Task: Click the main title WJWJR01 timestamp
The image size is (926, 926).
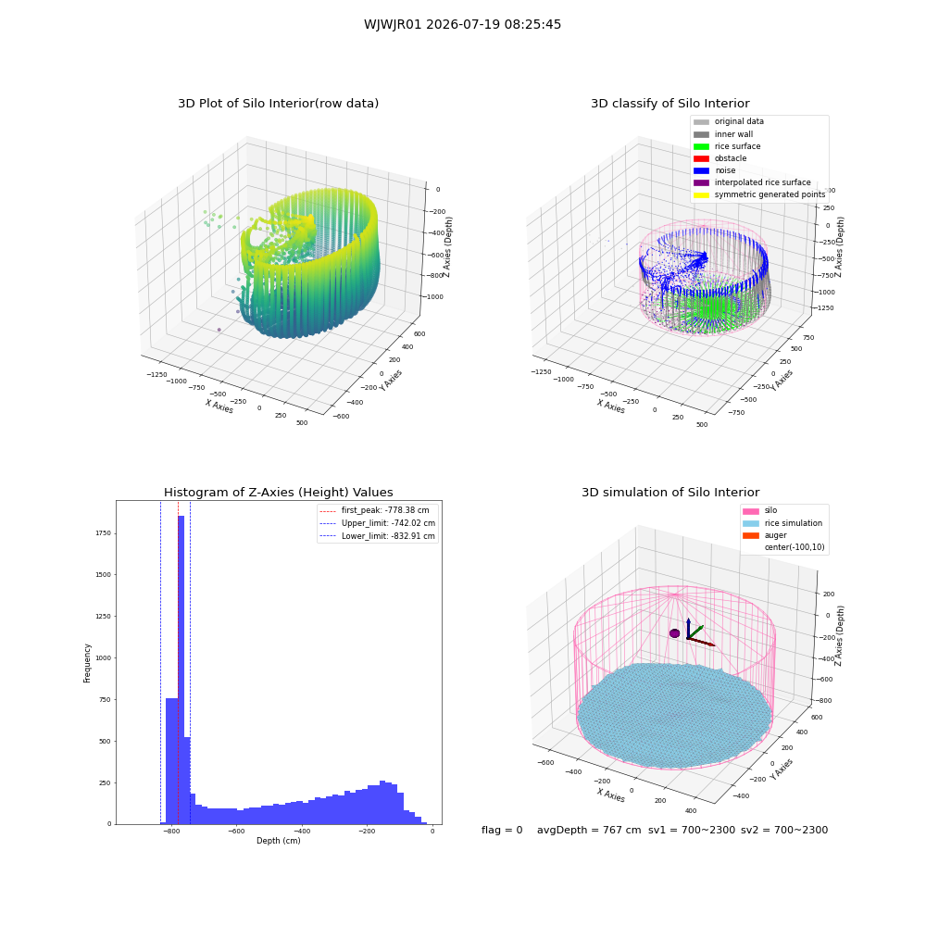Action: (462, 24)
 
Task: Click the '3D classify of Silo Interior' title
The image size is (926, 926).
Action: (670, 104)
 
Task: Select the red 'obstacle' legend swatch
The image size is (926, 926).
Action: (701, 158)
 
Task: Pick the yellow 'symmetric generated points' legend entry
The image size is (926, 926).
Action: (759, 194)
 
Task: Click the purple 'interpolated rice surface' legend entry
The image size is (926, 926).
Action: (752, 182)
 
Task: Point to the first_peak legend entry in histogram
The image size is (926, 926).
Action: (374, 510)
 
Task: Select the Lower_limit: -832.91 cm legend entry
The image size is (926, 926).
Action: (378, 536)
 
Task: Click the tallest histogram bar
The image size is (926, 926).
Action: (181, 669)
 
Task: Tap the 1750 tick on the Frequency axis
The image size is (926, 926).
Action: (103, 533)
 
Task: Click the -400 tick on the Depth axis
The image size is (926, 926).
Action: (301, 831)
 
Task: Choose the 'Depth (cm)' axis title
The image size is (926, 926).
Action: (279, 841)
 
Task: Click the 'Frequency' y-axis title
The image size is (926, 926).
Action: (87, 663)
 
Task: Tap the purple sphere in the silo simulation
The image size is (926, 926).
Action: (674, 633)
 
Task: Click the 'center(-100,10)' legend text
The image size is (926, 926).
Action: (795, 547)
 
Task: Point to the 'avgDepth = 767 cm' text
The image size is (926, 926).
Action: (589, 830)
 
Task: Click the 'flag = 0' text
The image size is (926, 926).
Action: (502, 830)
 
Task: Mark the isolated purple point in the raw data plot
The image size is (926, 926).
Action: (219, 330)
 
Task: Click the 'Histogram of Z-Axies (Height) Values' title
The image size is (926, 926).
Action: (278, 493)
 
